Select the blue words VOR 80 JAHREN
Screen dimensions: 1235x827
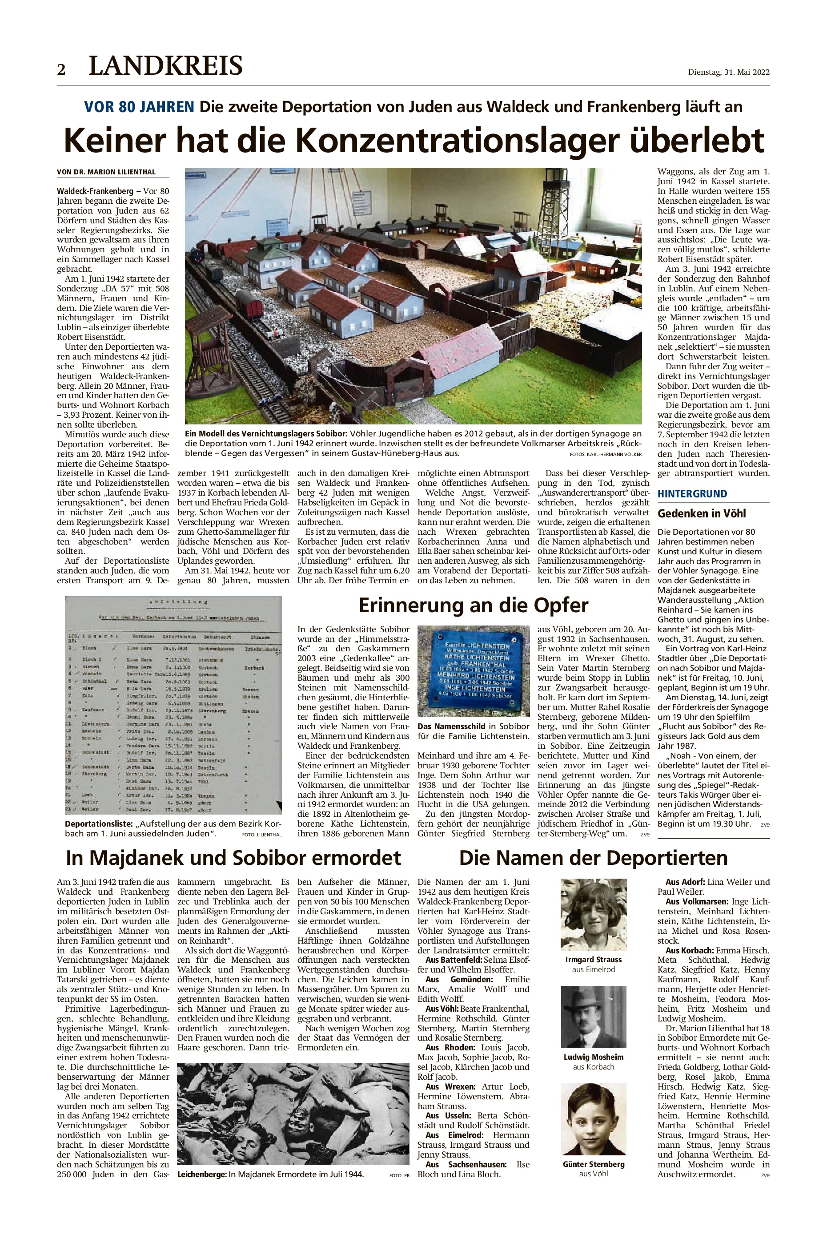point(139,107)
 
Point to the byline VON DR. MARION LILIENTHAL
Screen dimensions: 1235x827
point(105,172)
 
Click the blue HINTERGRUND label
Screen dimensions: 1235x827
point(692,494)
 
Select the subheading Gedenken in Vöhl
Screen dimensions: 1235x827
point(702,513)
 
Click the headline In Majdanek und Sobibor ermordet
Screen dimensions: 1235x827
point(233,858)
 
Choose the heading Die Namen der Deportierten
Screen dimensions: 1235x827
point(594,858)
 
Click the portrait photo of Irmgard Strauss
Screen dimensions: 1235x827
point(594,914)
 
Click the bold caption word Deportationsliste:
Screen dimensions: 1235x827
point(99,824)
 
